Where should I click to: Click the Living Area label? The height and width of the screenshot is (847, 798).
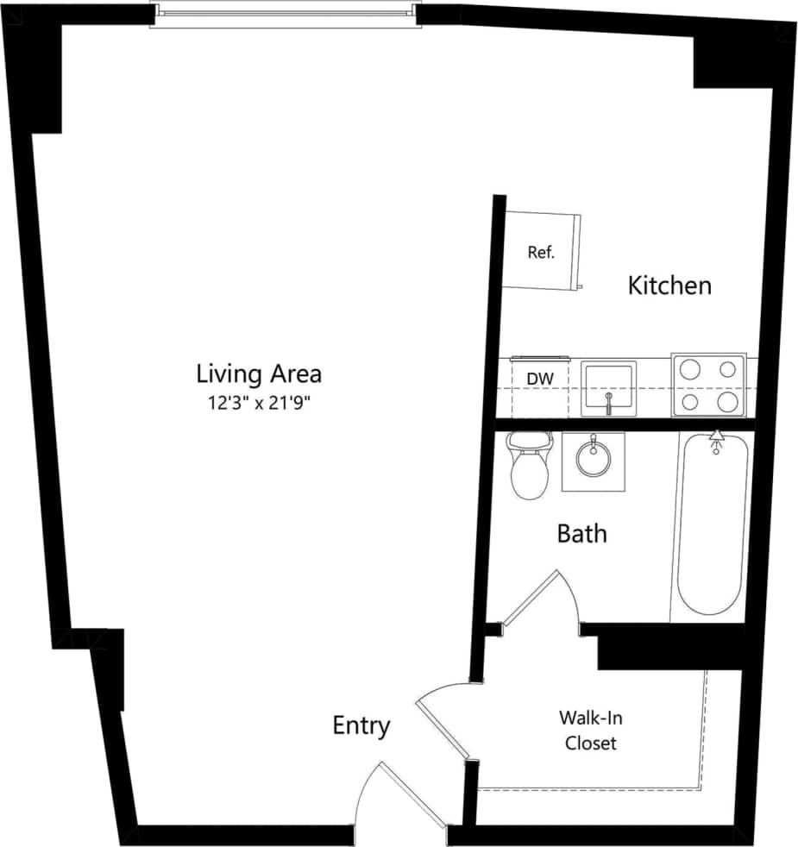pos(259,374)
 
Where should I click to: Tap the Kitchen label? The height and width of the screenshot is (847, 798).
pos(669,285)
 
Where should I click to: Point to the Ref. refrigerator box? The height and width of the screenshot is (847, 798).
pos(542,252)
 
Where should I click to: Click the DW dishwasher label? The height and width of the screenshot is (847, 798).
pos(540,378)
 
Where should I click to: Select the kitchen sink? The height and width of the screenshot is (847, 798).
pos(609,387)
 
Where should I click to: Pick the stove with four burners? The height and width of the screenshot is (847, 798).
pos(708,385)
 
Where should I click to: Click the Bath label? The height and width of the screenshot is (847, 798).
pos(581,534)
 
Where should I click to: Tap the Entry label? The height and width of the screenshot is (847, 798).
pos(361,726)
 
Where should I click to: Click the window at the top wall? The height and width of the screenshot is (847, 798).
pos(285,14)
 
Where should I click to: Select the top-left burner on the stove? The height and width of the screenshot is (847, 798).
pos(689,370)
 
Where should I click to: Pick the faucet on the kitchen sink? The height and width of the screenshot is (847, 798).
pos(609,403)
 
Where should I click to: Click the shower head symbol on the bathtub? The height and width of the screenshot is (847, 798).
pos(715,442)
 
